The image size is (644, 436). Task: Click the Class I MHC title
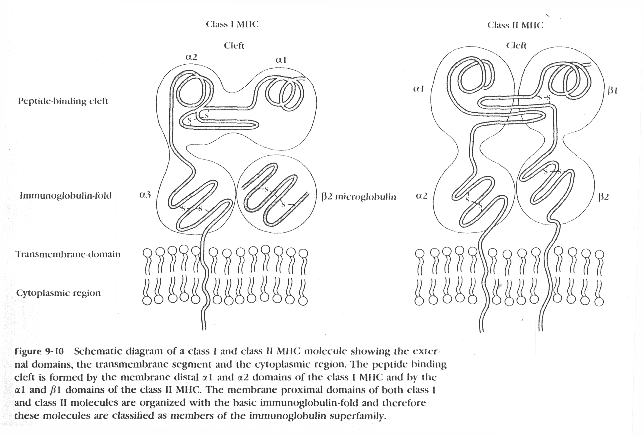pos(232,24)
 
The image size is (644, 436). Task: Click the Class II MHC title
pos(515,25)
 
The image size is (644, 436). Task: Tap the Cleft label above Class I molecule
pos(234,45)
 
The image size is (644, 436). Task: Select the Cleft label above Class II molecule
pos(516,45)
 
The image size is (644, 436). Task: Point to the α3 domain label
pos(145,195)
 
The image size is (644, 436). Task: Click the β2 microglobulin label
pos(358,197)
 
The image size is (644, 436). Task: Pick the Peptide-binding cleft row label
pos(63,101)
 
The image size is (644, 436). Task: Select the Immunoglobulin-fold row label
pos(65,196)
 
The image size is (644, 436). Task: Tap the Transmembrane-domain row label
pos(68,254)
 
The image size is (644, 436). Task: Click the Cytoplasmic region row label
pos(58,293)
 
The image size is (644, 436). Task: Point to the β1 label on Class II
pos(612,91)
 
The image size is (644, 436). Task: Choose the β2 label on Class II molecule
pos(603,197)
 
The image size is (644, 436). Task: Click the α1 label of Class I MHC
pos(281,60)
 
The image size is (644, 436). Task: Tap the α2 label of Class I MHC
pos(191,57)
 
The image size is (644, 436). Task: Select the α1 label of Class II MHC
pos(418,89)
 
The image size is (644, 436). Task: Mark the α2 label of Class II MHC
pos(422,196)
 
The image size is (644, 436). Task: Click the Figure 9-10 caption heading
pos(39,351)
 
